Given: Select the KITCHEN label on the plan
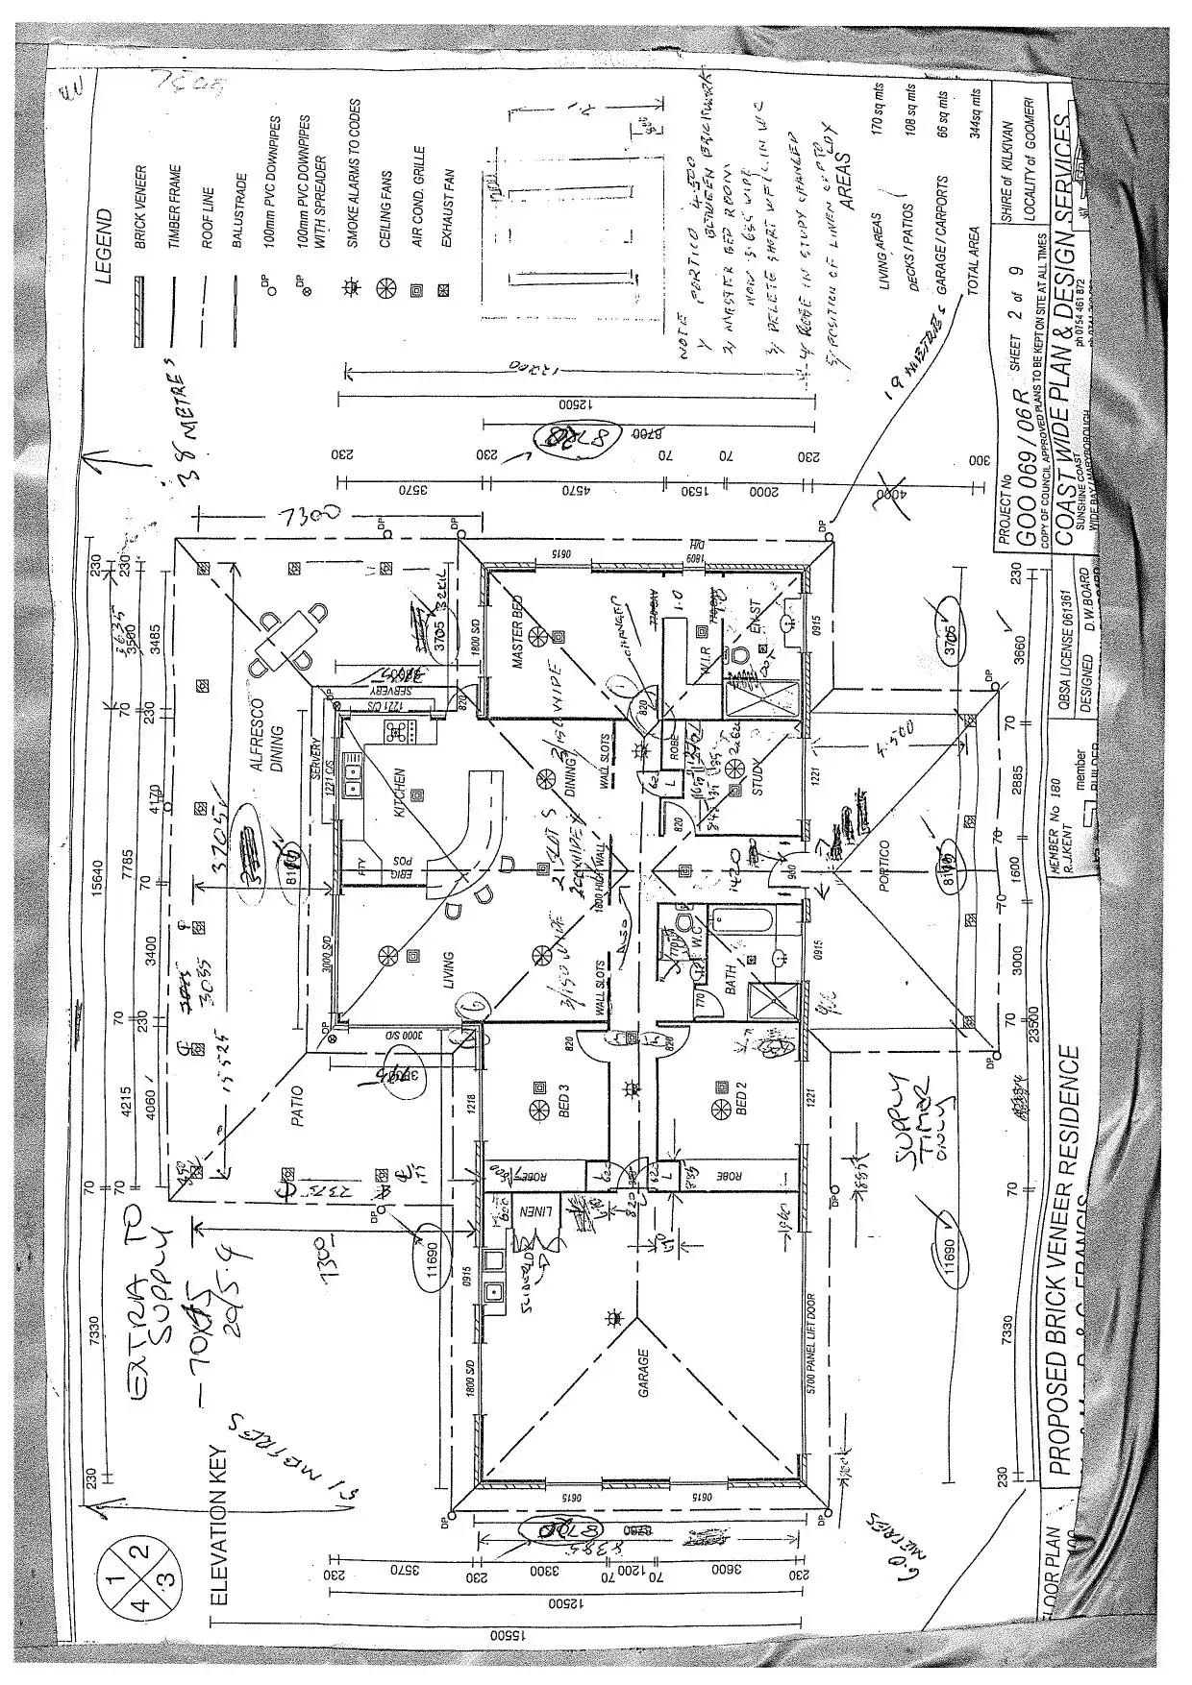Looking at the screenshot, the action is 398,794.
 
